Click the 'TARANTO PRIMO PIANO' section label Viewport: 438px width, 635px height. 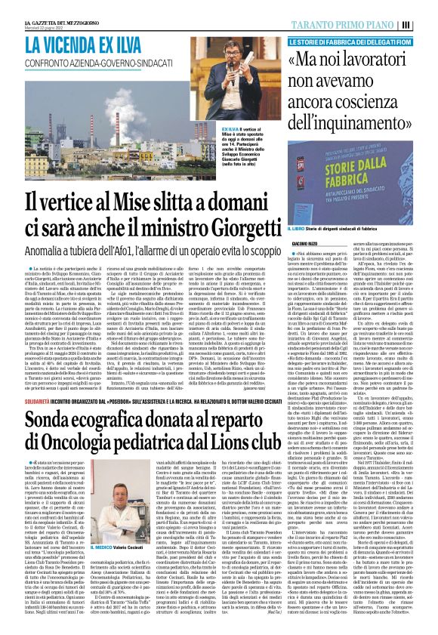coord(359,24)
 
